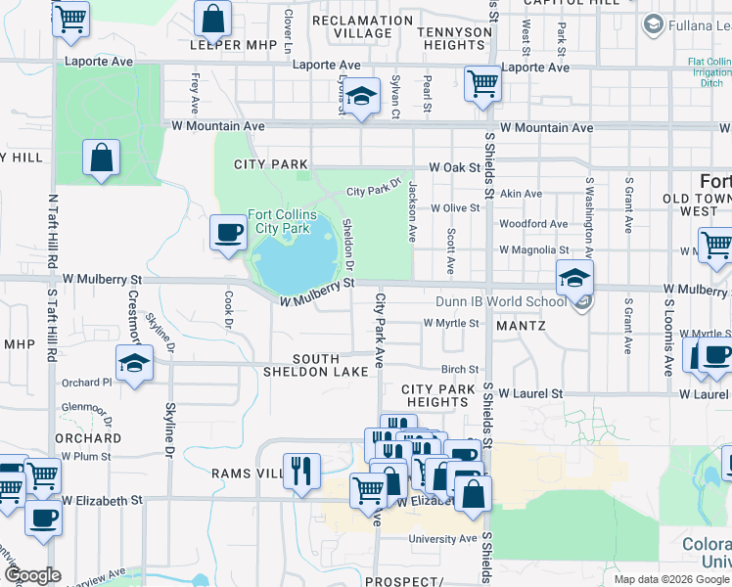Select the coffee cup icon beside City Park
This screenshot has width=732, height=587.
[x=229, y=233]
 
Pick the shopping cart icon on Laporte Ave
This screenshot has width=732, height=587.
[x=482, y=83]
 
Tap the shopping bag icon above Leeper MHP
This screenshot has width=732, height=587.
[x=212, y=18]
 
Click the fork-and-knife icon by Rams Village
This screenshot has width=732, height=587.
[x=300, y=471]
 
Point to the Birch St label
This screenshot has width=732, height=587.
[x=459, y=370]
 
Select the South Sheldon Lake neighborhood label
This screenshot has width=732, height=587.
[x=315, y=364]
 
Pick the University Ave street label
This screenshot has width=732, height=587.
[x=442, y=539]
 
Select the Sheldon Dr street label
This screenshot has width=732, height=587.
[x=348, y=245]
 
